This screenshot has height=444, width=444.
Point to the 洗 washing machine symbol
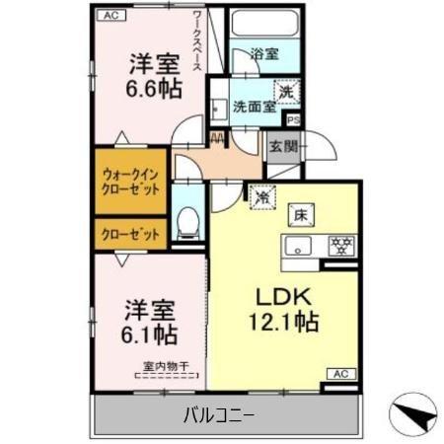[285, 90]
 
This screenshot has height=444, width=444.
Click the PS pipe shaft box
[292, 119]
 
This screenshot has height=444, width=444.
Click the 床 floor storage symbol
[297, 213]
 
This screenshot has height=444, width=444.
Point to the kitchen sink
[299, 244]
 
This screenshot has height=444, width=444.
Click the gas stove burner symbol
[340, 244]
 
